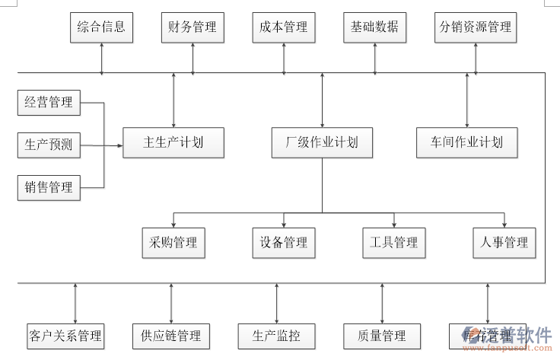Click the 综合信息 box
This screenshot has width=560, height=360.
tap(101, 27)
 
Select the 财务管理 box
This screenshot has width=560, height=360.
tap(192, 27)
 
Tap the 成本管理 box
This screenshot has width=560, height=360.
tap(284, 27)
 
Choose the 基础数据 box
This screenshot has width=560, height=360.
tap(374, 27)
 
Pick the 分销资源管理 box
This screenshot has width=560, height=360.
tap(476, 27)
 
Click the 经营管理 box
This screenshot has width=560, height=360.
tap(49, 103)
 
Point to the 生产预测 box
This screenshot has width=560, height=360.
tap(49, 145)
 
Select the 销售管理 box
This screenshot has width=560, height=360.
tap(49, 186)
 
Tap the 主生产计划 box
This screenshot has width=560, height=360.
tap(173, 142)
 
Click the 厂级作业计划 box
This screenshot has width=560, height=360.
tap(322, 142)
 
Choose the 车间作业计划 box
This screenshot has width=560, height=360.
tap(466, 142)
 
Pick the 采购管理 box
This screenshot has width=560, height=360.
tap(173, 243)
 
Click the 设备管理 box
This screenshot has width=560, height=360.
tap(284, 243)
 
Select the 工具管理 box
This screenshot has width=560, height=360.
tap(393, 243)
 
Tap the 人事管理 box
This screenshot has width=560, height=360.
tap(504, 243)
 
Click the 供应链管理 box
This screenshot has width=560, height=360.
tap(170, 336)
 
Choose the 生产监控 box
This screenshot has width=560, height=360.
tap(275, 336)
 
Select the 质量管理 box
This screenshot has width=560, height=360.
tap(381, 336)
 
